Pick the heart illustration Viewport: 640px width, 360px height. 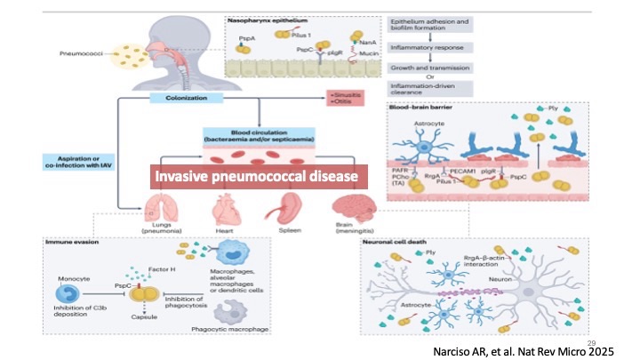(223, 210)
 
